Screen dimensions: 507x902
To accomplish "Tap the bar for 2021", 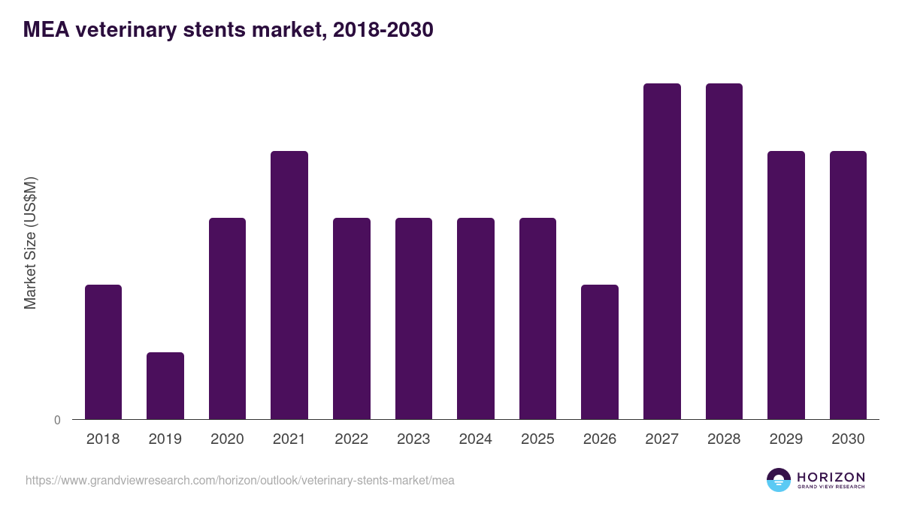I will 289,285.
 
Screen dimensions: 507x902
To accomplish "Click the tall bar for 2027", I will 662,251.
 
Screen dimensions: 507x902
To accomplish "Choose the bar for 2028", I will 724,251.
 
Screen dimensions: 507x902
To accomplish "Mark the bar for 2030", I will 848,285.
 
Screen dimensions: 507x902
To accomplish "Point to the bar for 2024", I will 476,318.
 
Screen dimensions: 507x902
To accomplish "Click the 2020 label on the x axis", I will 227,439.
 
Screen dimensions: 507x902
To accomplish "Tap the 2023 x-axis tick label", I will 413,439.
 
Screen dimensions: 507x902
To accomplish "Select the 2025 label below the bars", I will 537,439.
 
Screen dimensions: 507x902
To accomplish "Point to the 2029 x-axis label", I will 786,439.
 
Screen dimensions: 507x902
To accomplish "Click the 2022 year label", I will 351,439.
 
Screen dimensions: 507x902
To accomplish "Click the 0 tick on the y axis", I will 57,421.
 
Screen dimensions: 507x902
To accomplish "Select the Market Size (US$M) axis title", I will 30,243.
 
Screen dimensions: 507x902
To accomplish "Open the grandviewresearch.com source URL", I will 240,480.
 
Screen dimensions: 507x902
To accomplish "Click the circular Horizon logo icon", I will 779,480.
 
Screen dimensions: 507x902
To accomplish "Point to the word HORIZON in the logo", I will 831,476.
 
